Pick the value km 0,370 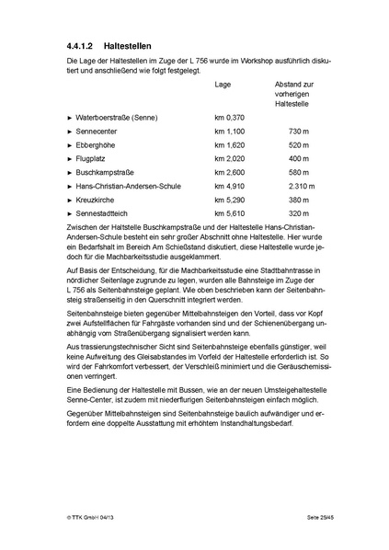click(230, 119)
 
